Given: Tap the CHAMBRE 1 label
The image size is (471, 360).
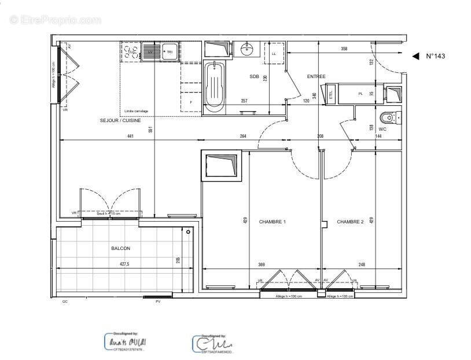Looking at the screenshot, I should point(272,222).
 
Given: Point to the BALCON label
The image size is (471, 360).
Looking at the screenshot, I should point(120,248).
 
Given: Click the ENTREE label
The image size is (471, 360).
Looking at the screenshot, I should point(317,76).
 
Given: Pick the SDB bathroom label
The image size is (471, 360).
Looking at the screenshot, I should point(254,76).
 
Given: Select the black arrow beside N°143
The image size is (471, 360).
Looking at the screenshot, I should point(415,56).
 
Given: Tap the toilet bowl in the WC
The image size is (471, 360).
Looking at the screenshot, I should point(388,118).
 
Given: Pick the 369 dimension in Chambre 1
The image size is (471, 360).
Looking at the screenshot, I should point(262,265).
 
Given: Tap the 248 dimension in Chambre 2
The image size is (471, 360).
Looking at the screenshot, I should point(362,265).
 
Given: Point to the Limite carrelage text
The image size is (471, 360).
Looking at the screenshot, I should point(137,111).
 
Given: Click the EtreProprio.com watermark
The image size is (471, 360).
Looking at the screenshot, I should point(55,20).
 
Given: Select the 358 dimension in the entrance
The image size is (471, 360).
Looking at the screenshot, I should point(344,49).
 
